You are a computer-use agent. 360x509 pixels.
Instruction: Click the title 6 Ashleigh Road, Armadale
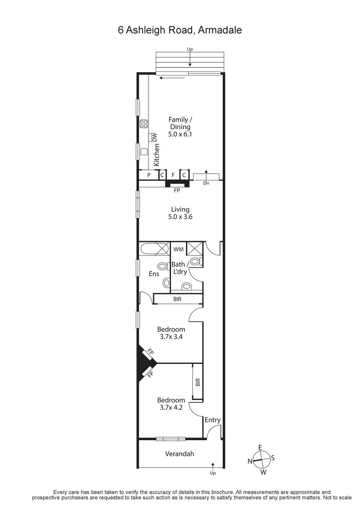tap(180, 30)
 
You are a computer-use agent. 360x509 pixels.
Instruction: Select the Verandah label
tap(179, 454)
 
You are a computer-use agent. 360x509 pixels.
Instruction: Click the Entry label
tap(212, 420)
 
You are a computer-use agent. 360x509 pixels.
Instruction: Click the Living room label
tap(180, 209)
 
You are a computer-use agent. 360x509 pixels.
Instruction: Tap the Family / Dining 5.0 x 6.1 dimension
tap(180, 134)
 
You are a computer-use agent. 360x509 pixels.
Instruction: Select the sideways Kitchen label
tap(157, 155)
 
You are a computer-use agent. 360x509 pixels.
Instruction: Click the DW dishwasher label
tap(154, 137)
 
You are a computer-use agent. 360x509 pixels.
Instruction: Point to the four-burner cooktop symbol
tap(144, 124)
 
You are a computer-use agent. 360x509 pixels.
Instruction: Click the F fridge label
tap(173, 174)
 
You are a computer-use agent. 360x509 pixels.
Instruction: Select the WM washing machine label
tap(178, 249)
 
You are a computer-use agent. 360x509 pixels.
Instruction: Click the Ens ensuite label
tap(154, 273)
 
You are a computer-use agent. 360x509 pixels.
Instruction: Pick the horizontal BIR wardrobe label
tap(177, 299)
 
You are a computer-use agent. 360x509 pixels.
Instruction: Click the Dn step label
tap(206, 183)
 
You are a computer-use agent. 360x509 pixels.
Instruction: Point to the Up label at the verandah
tap(213, 473)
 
